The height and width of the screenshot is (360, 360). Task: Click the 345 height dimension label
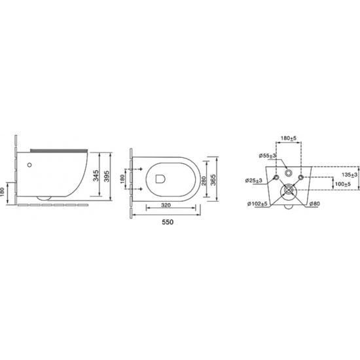(x=96, y=175)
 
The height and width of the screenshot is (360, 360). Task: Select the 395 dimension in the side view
(x=107, y=176)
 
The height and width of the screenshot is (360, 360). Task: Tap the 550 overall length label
(x=168, y=223)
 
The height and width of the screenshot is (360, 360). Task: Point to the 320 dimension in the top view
(x=166, y=205)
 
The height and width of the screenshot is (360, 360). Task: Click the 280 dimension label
(x=203, y=179)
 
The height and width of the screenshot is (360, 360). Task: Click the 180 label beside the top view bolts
(x=122, y=179)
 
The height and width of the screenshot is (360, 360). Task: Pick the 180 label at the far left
(x=3, y=192)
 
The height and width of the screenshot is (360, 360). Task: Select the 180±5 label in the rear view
(x=289, y=138)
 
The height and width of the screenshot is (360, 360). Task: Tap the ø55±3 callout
(x=268, y=156)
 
